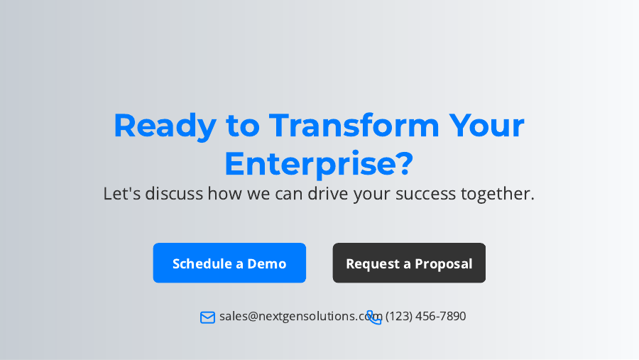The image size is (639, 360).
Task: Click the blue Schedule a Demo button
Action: point(229,263)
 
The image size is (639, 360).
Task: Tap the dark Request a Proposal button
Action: point(409,263)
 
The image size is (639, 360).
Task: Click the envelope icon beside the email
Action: point(207,317)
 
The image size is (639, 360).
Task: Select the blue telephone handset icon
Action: point(374,317)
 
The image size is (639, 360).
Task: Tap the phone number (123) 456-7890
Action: point(426,316)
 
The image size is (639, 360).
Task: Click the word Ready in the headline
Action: point(165,126)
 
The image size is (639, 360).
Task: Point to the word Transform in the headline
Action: point(354,126)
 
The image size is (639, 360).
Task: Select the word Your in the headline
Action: point(486,126)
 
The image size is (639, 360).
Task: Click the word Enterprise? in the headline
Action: point(319,163)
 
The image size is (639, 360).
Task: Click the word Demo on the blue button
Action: point(266,263)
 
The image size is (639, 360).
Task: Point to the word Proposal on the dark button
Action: point(444,263)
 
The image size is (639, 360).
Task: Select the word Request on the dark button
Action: point(372,263)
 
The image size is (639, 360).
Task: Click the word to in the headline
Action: point(243,126)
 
